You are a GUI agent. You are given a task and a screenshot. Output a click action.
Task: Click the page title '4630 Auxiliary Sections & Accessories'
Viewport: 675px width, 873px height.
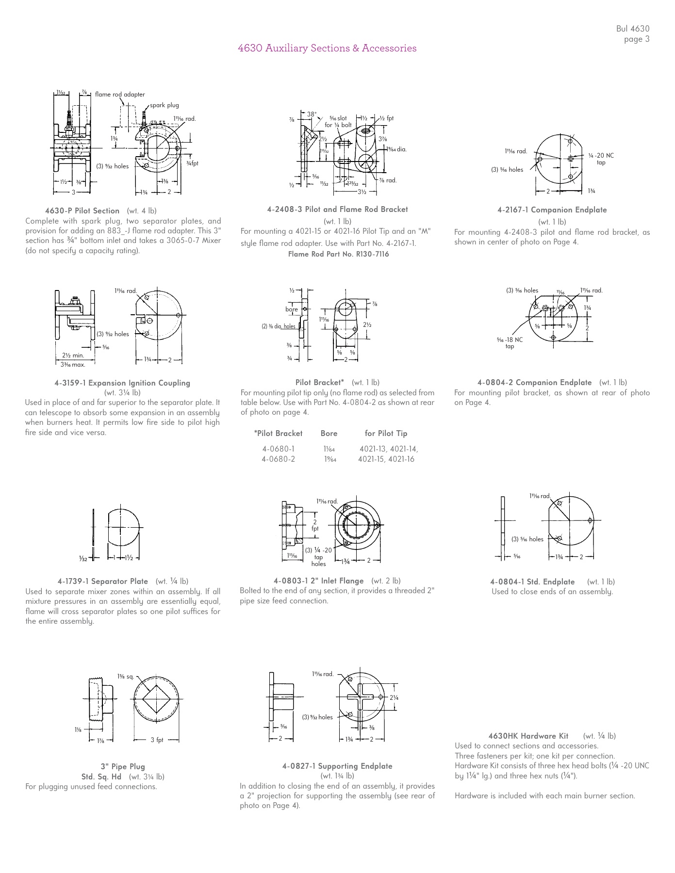pos(327,48)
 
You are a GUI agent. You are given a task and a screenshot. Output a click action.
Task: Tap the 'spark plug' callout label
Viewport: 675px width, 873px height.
pos(164,105)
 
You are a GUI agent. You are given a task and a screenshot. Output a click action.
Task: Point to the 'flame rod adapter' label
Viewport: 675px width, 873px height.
pos(120,95)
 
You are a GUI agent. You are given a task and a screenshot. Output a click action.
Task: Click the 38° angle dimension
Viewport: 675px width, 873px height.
pos(312,114)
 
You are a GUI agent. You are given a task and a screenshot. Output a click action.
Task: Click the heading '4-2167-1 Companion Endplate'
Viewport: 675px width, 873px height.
pos(552,210)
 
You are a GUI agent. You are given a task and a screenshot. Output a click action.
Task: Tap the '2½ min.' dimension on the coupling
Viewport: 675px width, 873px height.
pos(73,356)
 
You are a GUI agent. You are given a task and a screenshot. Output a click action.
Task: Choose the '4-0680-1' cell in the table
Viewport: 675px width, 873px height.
pos(278,449)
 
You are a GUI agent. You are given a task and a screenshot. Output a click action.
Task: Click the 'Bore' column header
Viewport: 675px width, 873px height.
pos(329,434)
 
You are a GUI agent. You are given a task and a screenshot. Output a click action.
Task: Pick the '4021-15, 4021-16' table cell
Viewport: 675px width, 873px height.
pos(386,459)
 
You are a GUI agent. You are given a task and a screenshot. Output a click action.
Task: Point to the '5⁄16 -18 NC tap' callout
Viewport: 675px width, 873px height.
pos(510,343)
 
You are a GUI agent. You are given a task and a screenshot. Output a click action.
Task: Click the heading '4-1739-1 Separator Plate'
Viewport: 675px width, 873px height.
pos(103,581)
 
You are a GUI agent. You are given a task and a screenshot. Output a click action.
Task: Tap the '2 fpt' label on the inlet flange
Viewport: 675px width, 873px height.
pos(315,525)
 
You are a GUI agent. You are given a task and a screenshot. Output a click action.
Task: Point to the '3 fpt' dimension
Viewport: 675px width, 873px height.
pos(157,740)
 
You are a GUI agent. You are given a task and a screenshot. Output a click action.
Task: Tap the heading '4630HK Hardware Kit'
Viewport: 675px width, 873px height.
pos(528,736)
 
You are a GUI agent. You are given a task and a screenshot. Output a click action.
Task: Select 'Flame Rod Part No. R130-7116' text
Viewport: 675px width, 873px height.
pos(338,254)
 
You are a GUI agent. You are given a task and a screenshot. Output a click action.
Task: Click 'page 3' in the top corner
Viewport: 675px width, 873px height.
pos(636,39)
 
